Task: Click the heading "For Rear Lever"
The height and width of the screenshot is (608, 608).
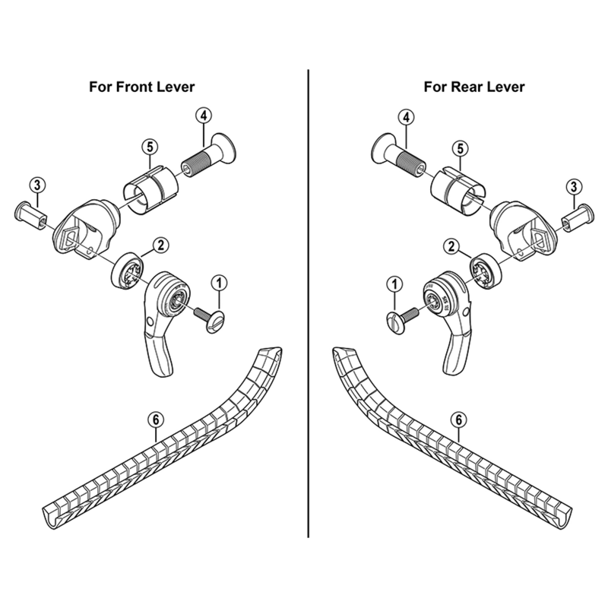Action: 474,87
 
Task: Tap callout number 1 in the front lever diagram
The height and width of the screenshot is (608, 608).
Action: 219,283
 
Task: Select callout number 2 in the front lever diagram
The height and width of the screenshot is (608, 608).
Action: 161,245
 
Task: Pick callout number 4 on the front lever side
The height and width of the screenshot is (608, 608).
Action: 202,116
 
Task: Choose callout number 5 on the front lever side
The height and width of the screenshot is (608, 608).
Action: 150,146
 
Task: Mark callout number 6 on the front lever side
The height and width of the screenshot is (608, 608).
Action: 155,419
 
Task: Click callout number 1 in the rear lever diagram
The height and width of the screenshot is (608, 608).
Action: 394,284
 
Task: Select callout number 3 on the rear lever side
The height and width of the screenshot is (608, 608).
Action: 574,185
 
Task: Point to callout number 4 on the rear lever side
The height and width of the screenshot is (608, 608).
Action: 407,117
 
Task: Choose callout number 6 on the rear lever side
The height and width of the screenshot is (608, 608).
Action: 458,419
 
